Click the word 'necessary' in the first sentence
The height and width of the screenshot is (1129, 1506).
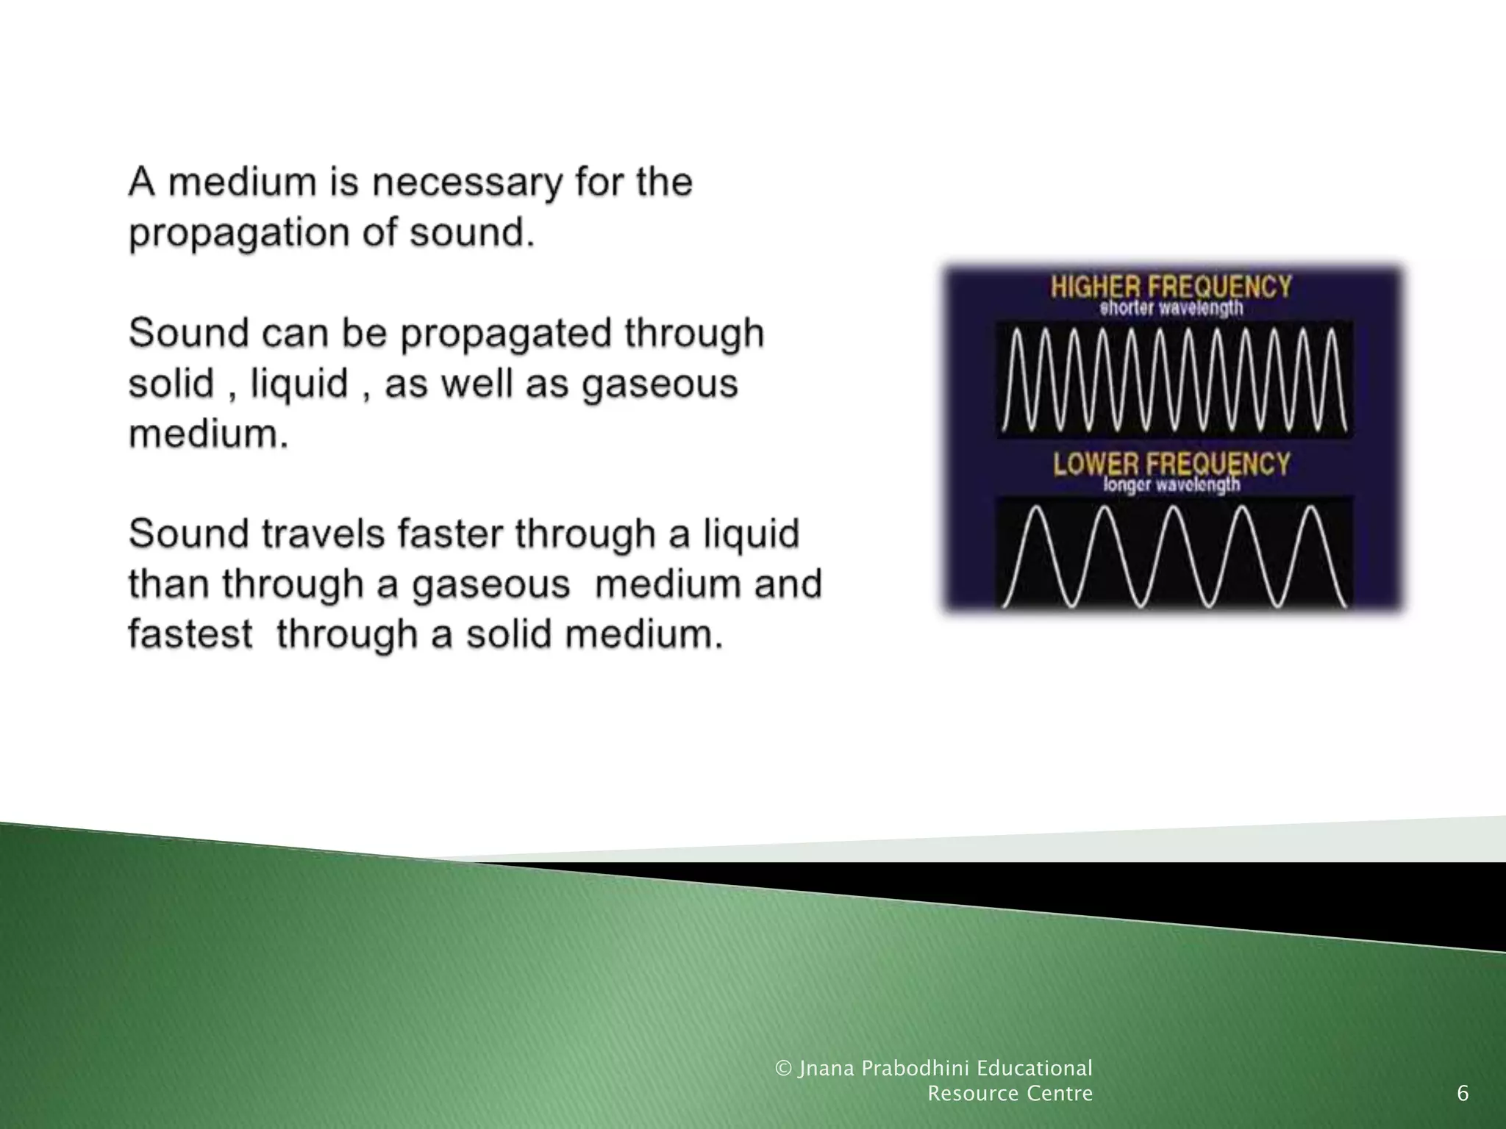[465, 183]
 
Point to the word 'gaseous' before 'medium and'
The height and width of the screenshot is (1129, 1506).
[490, 584]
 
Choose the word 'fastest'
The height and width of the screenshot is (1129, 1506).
[190, 634]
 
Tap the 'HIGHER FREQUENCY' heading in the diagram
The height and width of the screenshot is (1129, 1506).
[1171, 286]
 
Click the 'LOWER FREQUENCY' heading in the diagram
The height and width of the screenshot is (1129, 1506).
[1171, 464]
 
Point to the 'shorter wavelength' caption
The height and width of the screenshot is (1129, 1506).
[1171, 308]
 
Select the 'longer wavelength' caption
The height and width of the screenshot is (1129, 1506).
[1171, 484]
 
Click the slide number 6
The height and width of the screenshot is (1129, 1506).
[1463, 1094]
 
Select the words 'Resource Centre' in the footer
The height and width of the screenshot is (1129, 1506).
[1010, 1094]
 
